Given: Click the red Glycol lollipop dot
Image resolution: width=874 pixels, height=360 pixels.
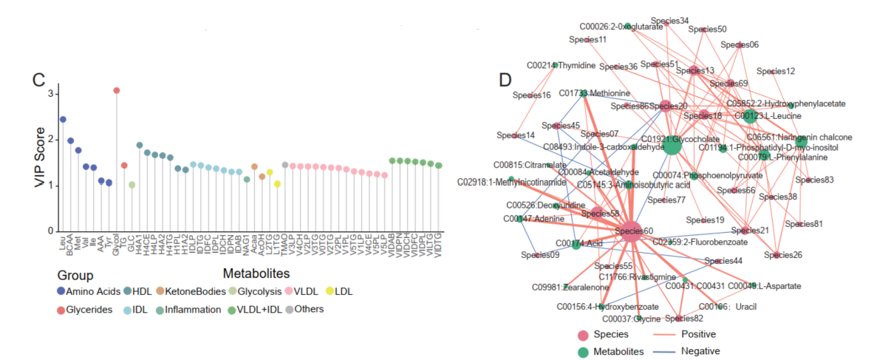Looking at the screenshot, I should point(116,90).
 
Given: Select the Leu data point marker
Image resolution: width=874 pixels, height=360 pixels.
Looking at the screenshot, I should point(63,119).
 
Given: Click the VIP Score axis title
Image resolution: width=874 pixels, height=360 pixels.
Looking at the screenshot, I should point(41,158).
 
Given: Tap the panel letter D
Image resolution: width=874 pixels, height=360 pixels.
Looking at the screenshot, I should point(506,79).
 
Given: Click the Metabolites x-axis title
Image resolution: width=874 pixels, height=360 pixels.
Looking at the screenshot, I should point(256,274).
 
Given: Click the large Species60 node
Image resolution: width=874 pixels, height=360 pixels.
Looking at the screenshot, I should point(631,231).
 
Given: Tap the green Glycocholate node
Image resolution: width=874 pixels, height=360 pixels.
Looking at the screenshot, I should point(672,146).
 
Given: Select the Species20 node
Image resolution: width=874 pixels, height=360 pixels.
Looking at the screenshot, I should point(665,107).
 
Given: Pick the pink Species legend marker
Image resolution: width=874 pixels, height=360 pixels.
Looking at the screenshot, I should point(582,335).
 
